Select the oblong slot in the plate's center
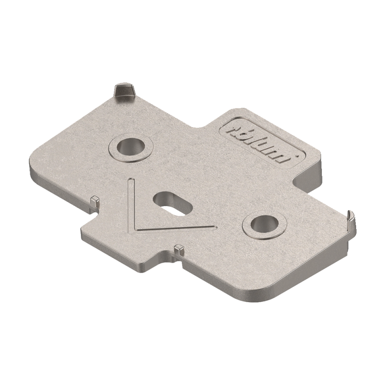[x=170, y=202]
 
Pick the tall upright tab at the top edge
[x=124, y=90]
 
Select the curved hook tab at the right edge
[x=351, y=217]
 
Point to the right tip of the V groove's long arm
[x=215, y=226]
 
